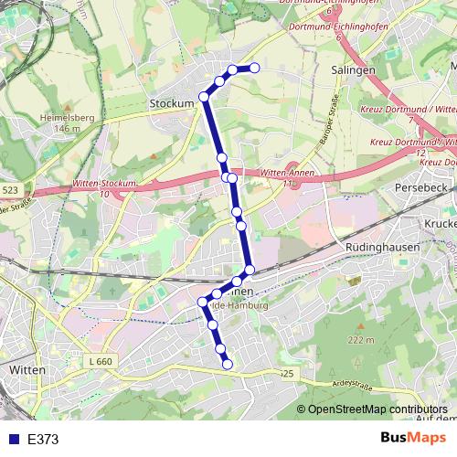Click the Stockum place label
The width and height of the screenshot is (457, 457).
coord(172,104)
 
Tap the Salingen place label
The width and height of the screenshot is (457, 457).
coord(354,69)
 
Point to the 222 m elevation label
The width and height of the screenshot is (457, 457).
coord(362,340)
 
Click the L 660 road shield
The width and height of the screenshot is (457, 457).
coord(101,362)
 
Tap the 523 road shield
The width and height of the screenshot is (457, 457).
coord(10,189)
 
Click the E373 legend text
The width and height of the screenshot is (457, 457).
coord(43,440)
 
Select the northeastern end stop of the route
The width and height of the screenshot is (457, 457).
coord(255,68)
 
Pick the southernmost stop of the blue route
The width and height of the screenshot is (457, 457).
coord(227,365)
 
